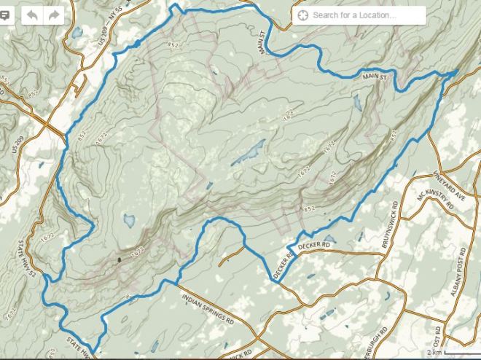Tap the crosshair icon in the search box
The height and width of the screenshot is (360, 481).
tap(303, 15)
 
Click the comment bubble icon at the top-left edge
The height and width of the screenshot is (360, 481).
tap(3, 34)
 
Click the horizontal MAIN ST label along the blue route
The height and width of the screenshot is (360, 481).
tap(373, 77)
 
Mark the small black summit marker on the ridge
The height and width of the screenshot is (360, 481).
tap(119, 259)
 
